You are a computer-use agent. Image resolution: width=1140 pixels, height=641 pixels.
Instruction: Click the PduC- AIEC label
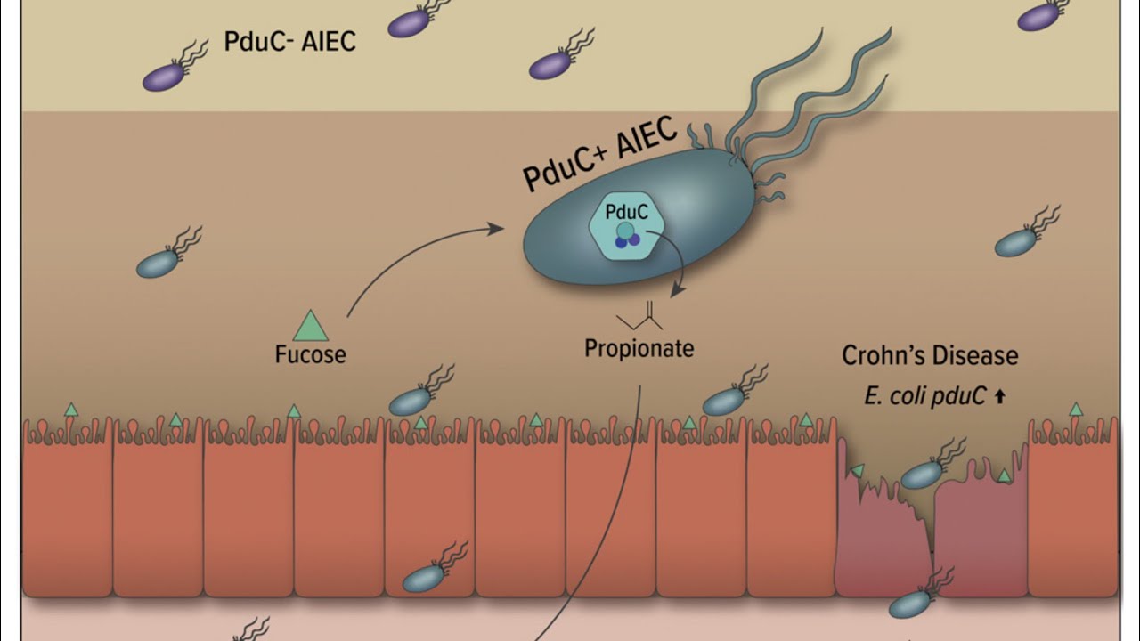(289, 41)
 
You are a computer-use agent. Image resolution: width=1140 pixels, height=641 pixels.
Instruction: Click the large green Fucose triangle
(311, 327)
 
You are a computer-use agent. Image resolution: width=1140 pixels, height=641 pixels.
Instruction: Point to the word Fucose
(310, 354)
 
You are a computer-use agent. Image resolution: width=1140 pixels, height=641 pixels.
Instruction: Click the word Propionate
(639, 348)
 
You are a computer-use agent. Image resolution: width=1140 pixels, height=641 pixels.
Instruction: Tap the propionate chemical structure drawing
(640, 316)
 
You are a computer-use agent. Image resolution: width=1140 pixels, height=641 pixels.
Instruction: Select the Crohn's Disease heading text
(930, 356)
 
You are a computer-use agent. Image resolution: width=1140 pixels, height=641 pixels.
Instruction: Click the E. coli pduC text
(924, 396)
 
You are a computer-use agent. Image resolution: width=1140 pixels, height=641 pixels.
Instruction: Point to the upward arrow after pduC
(999, 397)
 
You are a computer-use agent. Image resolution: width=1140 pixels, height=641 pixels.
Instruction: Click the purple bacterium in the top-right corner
(1038, 16)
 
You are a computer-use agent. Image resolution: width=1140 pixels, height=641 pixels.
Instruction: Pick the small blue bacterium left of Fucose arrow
(158, 263)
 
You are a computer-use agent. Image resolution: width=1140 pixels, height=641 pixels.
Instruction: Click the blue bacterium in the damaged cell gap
(922, 474)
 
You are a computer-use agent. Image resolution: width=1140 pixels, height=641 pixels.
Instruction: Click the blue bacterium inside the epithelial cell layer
(424, 579)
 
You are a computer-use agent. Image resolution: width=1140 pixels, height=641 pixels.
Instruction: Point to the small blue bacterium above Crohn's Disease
(1015, 242)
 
